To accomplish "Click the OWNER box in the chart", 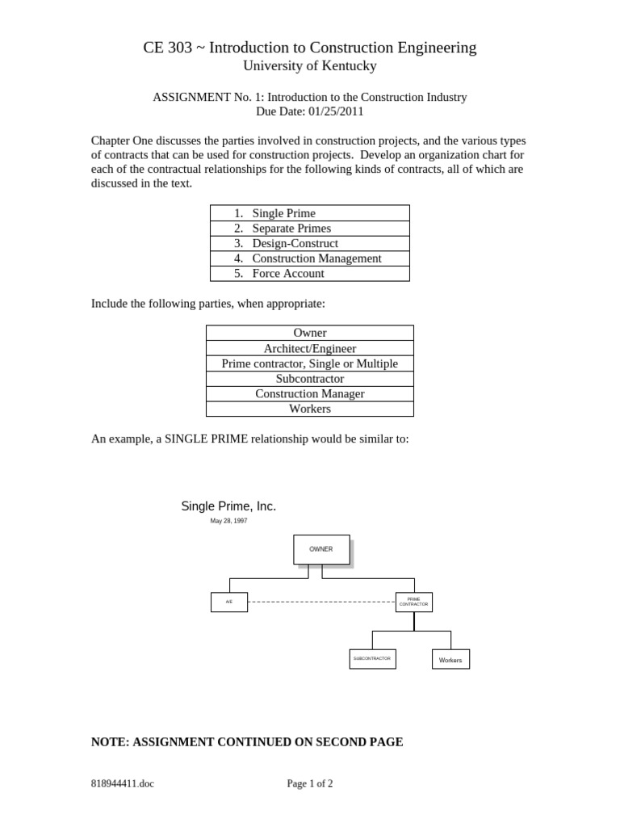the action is (321, 549).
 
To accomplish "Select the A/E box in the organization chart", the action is (229, 602).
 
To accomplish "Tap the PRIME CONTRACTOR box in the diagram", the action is (414, 602).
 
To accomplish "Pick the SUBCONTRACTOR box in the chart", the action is (372, 659).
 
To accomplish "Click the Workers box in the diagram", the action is (450, 660).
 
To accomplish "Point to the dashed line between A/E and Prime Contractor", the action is (321, 602).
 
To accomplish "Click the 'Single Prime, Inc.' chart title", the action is (228, 506).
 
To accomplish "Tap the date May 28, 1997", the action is (228, 521).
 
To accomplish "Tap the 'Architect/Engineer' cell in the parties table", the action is (310, 348).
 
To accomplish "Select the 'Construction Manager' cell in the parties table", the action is (310, 393).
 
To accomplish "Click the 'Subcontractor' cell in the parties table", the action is (310, 378).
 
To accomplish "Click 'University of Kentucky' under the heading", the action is (310, 66).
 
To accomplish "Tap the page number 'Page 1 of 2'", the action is (310, 783).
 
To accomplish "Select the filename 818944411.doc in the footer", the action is (123, 783).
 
